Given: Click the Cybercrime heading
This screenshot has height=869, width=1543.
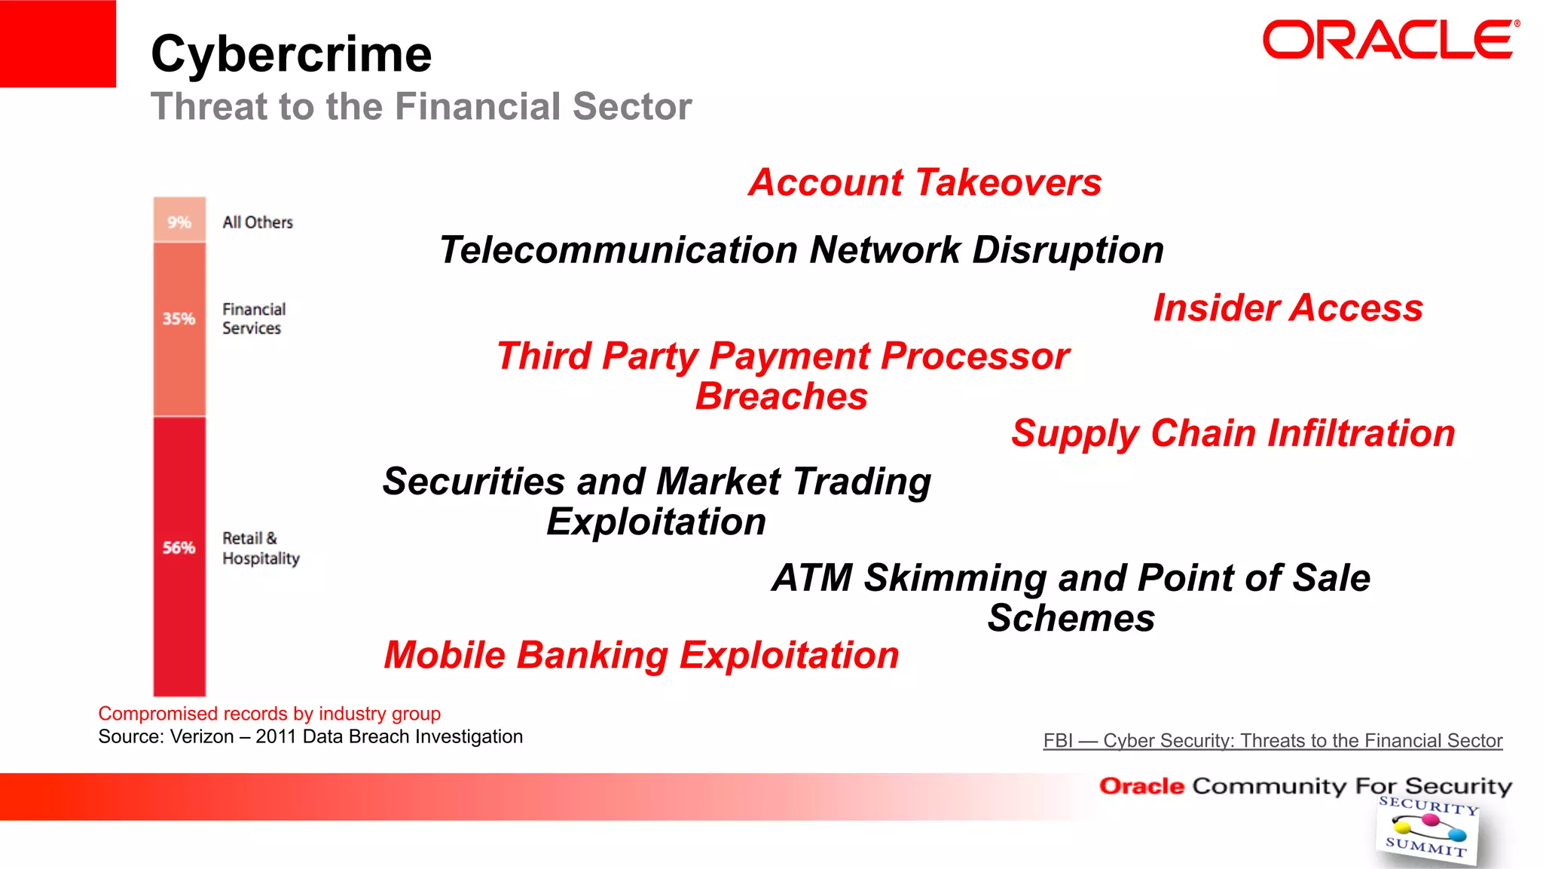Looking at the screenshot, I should (291, 54).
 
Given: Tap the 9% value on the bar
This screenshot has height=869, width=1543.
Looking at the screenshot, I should (179, 222).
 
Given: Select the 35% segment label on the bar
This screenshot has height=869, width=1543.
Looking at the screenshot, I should (179, 319).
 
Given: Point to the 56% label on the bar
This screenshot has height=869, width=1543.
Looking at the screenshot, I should (179, 548).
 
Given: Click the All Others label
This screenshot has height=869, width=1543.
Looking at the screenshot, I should (257, 222).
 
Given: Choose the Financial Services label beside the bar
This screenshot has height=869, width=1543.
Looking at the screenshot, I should (253, 319).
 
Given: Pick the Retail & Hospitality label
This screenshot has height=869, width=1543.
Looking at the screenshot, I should (260, 548).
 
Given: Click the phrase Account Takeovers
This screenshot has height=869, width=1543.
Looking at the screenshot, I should (924, 182).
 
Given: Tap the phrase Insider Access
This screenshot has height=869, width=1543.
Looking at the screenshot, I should (1288, 308).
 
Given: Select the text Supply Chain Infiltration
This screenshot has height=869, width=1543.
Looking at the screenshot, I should (1233, 433).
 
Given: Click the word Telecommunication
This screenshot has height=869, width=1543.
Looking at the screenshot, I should (618, 250).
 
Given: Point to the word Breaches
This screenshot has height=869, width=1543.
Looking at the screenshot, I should (781, 396).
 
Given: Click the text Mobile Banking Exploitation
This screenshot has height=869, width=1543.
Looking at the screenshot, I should (641, 655).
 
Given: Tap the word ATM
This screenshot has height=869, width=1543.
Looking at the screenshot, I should (812, 578).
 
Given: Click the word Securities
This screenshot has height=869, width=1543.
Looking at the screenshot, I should (474, 482).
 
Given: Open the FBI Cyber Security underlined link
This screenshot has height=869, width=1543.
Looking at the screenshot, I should (1273, 741).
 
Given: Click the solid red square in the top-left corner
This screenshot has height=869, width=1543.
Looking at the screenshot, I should (58, 43).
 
